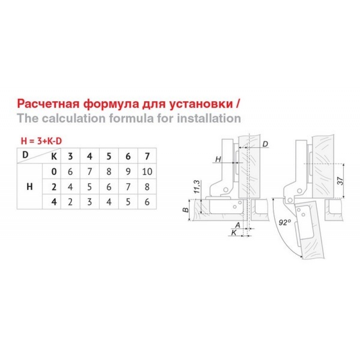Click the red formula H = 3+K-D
point(41,141)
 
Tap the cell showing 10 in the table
point(147,171)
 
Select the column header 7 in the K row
point(147,156)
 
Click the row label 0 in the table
point(54,171)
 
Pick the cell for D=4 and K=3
point(70,202)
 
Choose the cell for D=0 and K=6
point(128,171)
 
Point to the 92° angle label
point(285,222)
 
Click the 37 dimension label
point(341,181)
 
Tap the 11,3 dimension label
point(197,186)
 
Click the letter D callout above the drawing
point(265,144)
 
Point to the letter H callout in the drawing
point(218,159)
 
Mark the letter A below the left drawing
point(238,225)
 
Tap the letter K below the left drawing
point(234,233)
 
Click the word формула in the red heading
point(111,104)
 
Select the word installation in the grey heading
point(209,118)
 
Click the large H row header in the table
point(30,187)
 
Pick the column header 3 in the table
point(70,156)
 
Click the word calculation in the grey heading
point(73,118)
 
